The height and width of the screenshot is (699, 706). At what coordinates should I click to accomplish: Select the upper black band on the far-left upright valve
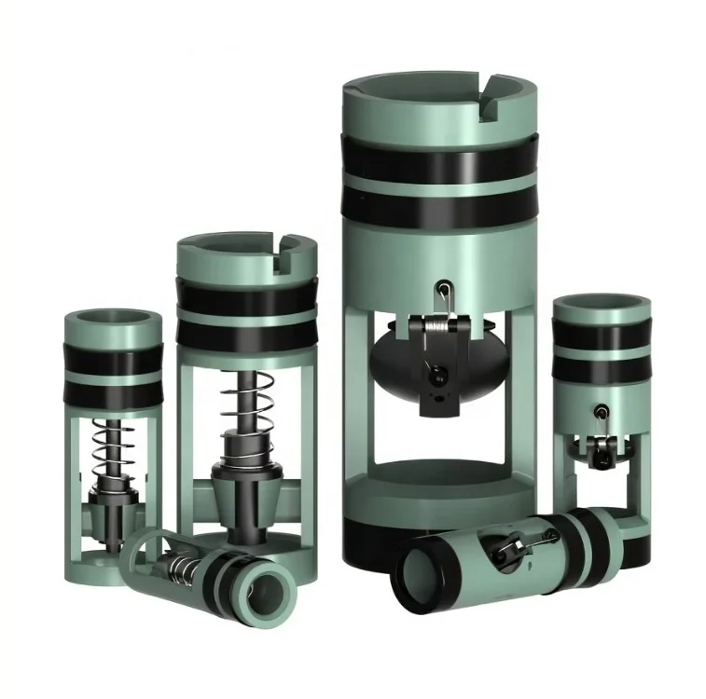pyautogui.click(x=111, y=358)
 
